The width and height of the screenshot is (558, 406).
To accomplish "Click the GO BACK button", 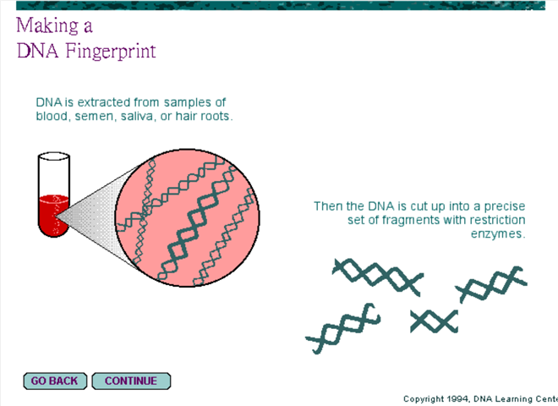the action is point(55,381).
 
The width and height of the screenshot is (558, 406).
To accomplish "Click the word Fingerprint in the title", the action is point(111,51).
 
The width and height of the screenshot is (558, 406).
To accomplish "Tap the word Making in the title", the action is point(47,26).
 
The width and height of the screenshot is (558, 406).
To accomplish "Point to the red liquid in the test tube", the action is point(54,215).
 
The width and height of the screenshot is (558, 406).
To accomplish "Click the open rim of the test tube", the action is point(54,156).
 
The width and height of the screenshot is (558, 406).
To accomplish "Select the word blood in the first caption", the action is point(52,116).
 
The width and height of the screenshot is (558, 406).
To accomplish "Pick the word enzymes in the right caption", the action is point(498,234).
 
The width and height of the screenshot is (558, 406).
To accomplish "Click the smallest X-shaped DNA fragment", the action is point(435,321).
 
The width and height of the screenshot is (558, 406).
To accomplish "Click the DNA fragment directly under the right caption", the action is point(491,284).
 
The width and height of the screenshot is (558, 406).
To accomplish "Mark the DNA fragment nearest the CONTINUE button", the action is point(343,329).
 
